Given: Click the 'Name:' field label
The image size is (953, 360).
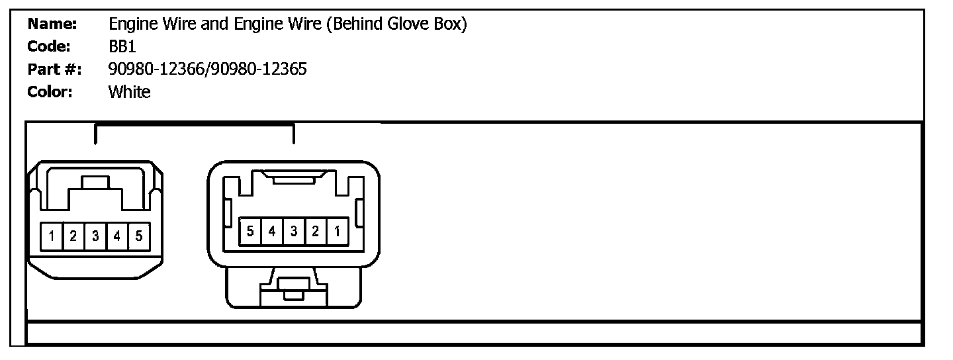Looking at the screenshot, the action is (52, 25).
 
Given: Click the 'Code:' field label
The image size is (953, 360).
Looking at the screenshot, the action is (49, 47).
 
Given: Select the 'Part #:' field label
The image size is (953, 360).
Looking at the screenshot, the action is (54, 69).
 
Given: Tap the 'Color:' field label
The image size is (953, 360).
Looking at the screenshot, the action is (50, 91).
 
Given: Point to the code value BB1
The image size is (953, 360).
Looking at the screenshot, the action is (122, 47).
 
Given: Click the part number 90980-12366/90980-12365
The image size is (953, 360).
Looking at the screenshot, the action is (207, 69).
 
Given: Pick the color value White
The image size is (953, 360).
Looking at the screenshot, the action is (129, 91).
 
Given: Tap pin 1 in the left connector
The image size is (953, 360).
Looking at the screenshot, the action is (52, 236).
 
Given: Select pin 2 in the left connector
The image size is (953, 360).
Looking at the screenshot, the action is (73, 236).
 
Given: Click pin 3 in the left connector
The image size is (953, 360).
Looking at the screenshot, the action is (95, 236).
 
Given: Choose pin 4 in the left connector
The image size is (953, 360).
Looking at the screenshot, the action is (117, 236).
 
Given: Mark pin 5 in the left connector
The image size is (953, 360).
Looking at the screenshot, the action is (138, 236).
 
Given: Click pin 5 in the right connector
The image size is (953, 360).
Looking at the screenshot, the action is (250, 231).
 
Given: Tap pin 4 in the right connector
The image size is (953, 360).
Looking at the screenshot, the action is (272, 231).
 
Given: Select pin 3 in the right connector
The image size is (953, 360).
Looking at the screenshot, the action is (294, 231).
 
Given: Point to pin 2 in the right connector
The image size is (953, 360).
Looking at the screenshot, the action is (316, 231).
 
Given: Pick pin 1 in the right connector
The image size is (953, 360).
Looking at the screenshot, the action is (337, 231).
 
